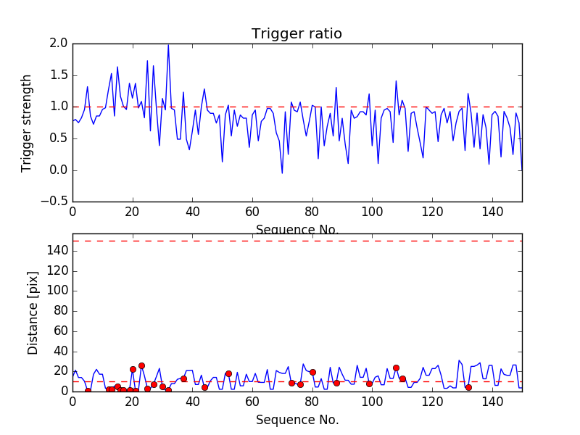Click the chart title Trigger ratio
297,34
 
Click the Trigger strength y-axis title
27,123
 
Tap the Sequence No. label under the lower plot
297,420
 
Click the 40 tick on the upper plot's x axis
192,212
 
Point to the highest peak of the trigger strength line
168,45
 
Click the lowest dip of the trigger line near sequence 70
282,173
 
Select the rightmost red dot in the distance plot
468,387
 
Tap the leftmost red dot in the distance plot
88,391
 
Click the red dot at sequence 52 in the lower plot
228,373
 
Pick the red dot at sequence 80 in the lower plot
312,372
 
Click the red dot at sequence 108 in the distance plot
396,368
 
